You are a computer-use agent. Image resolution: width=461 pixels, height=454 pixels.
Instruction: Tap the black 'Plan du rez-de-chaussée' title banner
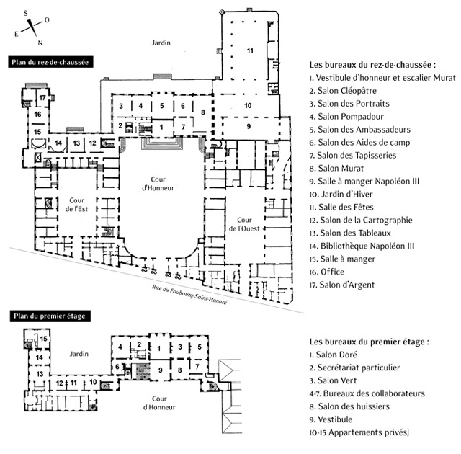(49, 62)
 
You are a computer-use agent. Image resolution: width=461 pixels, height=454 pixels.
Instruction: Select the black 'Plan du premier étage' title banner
(45, 316)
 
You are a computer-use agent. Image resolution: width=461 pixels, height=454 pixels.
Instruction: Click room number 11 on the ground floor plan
(250, 50)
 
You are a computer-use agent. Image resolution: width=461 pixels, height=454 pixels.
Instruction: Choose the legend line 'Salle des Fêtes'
(343, 207)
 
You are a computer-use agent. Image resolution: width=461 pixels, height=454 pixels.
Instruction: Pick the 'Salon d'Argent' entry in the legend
(341, 285)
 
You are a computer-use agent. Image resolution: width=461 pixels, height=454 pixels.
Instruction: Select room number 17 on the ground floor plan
(42, 97)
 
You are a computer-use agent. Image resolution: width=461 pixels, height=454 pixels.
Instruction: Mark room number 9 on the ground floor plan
(249, 126)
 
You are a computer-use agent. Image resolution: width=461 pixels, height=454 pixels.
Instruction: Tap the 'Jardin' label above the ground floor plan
(161, 44)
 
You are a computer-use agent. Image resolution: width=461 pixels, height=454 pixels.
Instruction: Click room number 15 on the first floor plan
(44, 338)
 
